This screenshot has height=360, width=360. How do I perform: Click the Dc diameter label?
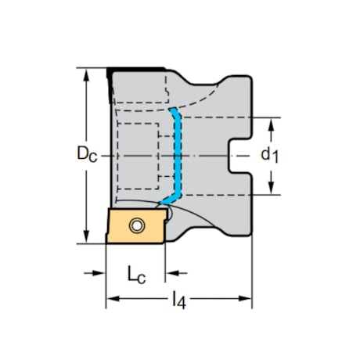85,155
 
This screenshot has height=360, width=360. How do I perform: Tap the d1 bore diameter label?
268,155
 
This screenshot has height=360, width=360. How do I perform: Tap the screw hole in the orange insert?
138,227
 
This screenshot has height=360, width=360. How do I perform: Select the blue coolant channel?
179,157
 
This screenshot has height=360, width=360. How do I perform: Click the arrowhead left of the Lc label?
99,273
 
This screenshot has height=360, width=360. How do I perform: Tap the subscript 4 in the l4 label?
182,302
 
